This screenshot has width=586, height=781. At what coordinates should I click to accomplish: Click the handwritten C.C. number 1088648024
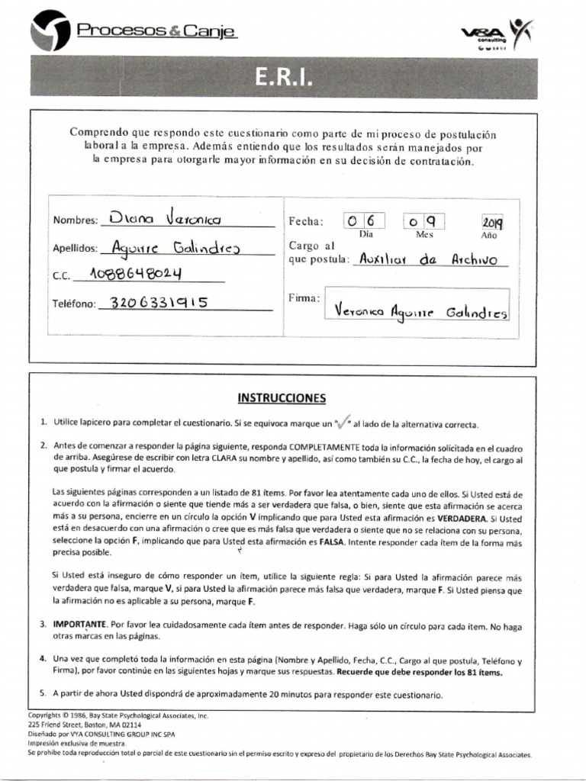[x=135, y=274]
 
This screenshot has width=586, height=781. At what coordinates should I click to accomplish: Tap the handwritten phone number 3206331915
[x=159, y=302]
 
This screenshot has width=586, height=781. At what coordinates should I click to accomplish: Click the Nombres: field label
[x=76, y=220]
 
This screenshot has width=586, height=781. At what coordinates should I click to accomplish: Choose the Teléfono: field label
[x=74, y=304]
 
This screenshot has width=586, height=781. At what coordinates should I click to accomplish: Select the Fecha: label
[x=306, y=222]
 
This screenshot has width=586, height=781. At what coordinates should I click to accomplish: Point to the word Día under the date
[x=366, y=235]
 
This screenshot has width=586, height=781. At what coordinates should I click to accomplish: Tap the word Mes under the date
[x=424, y=235]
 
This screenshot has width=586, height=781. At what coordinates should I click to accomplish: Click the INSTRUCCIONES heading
[x=282, y=398]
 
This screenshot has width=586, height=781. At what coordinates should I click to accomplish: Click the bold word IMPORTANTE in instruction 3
[x=80, y=625]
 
